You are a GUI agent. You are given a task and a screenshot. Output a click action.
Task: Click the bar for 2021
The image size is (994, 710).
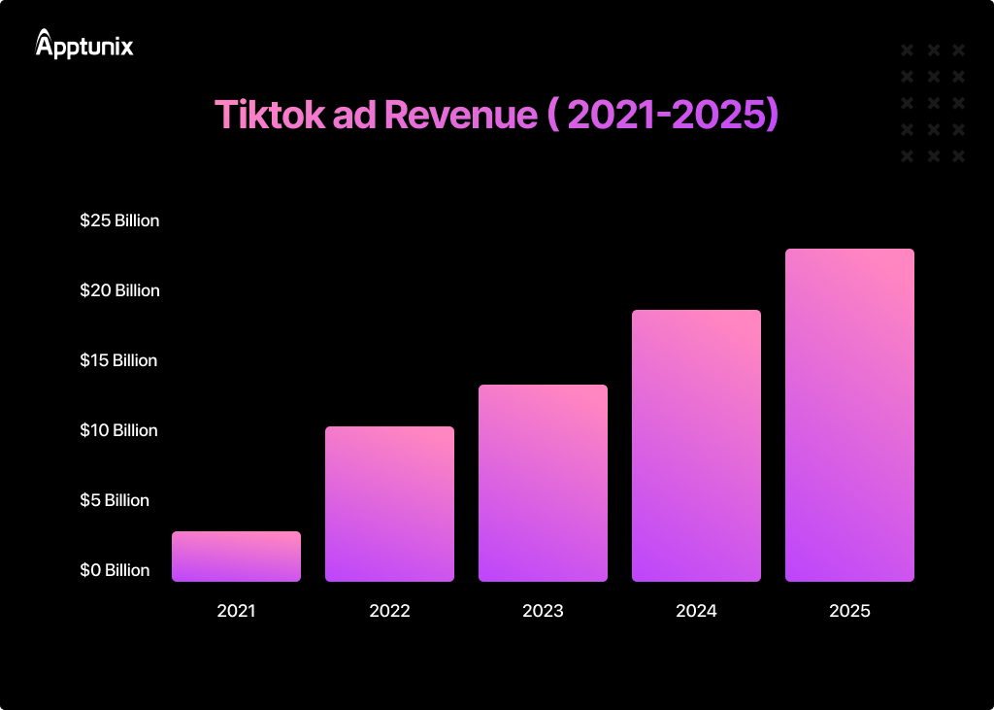click(x=236, y=557)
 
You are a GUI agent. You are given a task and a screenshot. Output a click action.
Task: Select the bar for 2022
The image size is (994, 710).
click(x=389, y=504)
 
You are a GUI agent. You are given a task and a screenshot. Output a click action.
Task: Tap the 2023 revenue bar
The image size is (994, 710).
click(x=543, y=483)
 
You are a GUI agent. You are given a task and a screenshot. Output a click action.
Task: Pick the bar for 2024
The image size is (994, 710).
click(x=696, y=446)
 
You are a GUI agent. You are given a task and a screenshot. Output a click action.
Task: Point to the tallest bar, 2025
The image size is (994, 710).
click(x=849, y=415)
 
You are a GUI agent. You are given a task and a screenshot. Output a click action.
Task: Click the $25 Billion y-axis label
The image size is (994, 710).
click(x=119, y=220)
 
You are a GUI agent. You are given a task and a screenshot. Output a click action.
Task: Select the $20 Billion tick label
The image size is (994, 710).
click(x=119, y=290)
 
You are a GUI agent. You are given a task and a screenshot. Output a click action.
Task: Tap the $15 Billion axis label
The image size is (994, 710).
click(x=118, y=360)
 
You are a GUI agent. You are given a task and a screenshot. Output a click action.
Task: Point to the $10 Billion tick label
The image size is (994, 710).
click(x=118, y=430)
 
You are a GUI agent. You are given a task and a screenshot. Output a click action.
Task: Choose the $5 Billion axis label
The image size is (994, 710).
click(x=115, y=500)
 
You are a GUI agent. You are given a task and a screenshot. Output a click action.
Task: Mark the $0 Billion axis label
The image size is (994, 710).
click(x=115, y=570)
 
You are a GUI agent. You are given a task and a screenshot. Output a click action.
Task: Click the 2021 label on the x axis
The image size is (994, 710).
click(x=236, y=611)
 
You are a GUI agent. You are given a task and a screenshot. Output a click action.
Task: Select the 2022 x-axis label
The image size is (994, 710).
click(x=389, y=611)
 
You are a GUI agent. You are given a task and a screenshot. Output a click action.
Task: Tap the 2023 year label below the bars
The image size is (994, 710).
click(x=543, y=611)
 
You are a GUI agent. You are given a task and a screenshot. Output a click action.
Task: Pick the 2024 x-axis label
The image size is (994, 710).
click(x=696, y=611)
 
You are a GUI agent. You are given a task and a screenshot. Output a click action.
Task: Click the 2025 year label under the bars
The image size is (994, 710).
click(x=849, y=611)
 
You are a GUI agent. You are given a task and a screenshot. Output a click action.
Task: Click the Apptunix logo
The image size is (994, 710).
click(x=84, y=44)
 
